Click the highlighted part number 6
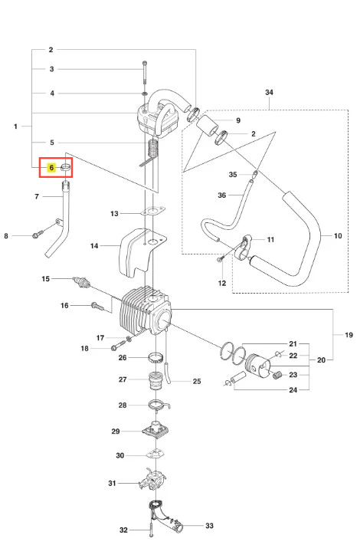tap(51, 168)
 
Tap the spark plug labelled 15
tap(82, 282)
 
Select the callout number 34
tap(269, 93)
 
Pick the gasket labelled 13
tap(152, 211)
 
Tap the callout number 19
tap(349, 335)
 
